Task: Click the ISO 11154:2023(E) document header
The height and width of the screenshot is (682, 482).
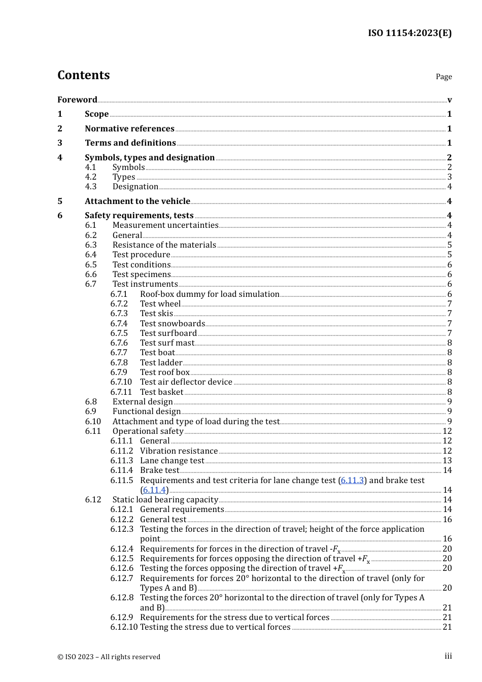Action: (x=409, y=33)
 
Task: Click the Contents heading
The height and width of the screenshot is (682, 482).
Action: (x=83, y=75)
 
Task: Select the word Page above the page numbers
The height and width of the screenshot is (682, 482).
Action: (x=443, y=77)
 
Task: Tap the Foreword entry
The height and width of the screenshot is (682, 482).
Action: (x=77, y=99)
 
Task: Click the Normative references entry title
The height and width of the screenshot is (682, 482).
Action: (x=129, y=128)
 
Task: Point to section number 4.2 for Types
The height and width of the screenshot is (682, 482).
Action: (x=91, y=177)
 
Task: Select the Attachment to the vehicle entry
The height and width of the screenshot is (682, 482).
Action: (x=137, y=201)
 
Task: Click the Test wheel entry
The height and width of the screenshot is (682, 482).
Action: (x=160, y=303)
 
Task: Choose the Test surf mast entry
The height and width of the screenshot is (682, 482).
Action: (x=167, y=343)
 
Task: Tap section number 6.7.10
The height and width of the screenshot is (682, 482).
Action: (x=121, y=382)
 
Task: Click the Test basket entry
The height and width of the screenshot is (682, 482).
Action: (x=161, y=392)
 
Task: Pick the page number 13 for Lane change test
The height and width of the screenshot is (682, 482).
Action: (x=447, y=460)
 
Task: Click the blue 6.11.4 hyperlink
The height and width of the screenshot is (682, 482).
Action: (x=154, y=490)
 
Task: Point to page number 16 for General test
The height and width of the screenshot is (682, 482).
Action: (x=447, y=519)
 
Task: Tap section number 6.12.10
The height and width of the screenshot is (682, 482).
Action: (x=124, y=627)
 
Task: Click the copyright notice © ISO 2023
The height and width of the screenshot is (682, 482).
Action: (x=109, y=657)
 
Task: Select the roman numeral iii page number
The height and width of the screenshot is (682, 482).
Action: (x=448, y=656)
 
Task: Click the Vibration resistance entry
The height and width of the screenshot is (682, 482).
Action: (x=179, y=451)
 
